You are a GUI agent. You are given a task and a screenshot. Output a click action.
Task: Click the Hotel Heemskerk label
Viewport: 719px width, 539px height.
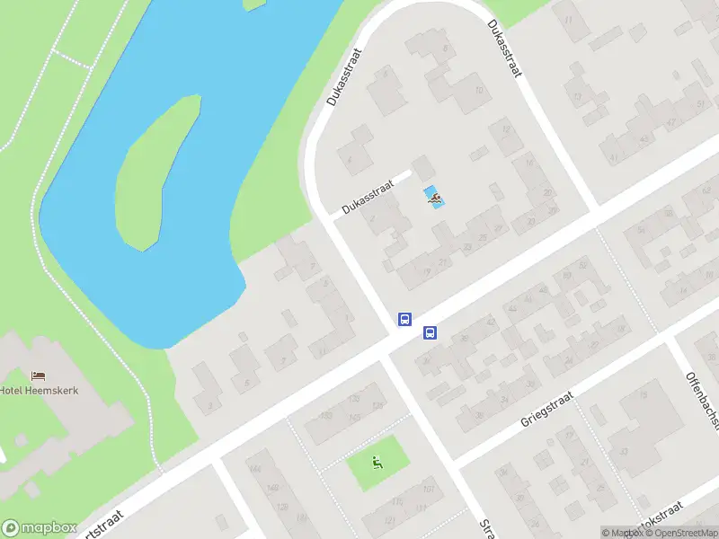(x=40, y=390)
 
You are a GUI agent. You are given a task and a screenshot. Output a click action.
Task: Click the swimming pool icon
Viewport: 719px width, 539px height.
(x=434, y=198)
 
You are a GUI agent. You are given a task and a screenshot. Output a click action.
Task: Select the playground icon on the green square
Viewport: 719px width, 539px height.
(x=378, y=464)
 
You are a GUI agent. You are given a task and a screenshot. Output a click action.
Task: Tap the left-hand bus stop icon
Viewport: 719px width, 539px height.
(x=404, y=319)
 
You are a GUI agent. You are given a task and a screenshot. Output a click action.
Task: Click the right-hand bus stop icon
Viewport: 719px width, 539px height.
(x=431, y=333)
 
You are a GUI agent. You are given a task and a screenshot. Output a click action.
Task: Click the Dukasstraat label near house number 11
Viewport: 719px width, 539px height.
(x=505, y=49)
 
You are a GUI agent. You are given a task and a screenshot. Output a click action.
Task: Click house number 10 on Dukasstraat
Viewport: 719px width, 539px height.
(x=479, y=91)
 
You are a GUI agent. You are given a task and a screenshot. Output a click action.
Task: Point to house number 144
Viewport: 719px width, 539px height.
(x=256, y=469)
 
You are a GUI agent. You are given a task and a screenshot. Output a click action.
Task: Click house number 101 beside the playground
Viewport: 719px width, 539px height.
(x=428, y=489)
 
